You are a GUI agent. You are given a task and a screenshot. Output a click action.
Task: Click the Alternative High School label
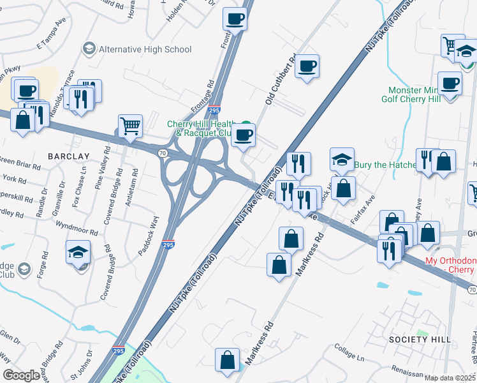145,49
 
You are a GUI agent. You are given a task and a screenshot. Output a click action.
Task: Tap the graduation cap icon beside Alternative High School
89,49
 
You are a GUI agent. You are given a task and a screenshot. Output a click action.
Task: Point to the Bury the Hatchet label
386,165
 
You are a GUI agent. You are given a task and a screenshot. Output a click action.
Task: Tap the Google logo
21,375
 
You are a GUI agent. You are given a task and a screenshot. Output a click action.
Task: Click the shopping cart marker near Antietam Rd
130,126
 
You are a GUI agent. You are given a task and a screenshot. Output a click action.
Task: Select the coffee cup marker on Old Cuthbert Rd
307,66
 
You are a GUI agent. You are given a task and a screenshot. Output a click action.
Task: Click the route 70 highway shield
163,153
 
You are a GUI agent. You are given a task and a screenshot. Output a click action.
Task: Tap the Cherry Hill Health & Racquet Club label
202,128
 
